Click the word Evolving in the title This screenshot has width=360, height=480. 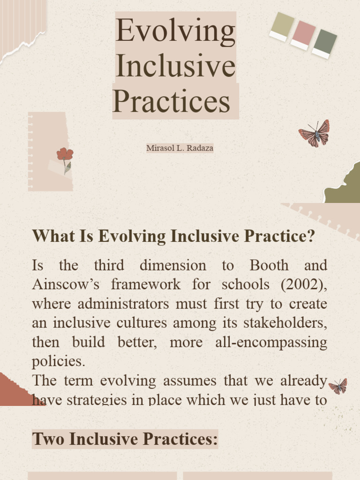pyautogui.click(x=175, y=31)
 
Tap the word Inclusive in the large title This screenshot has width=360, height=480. pyautogui.click(x=175, y=67)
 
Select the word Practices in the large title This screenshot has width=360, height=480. pyautogui.click(x=172, y=101)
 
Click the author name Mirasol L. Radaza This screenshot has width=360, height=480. pyautogui.click(x=180, y=148)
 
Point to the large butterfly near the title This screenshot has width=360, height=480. pyautogui.click(x=315, y=134)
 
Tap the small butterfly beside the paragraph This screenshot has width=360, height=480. pyautogui.click(x=338, y=386)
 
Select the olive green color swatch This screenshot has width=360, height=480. pyautogui.click(x=282, y=25)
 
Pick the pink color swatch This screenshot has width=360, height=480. pyautogui.click(x=303, y=34)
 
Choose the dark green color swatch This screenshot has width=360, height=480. pyautogui.click(x=324, y=43)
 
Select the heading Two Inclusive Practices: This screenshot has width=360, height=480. pyautogui.click(x=125, y=439)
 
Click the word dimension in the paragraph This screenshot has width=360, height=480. pyautogui.click(x=172, y=265)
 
